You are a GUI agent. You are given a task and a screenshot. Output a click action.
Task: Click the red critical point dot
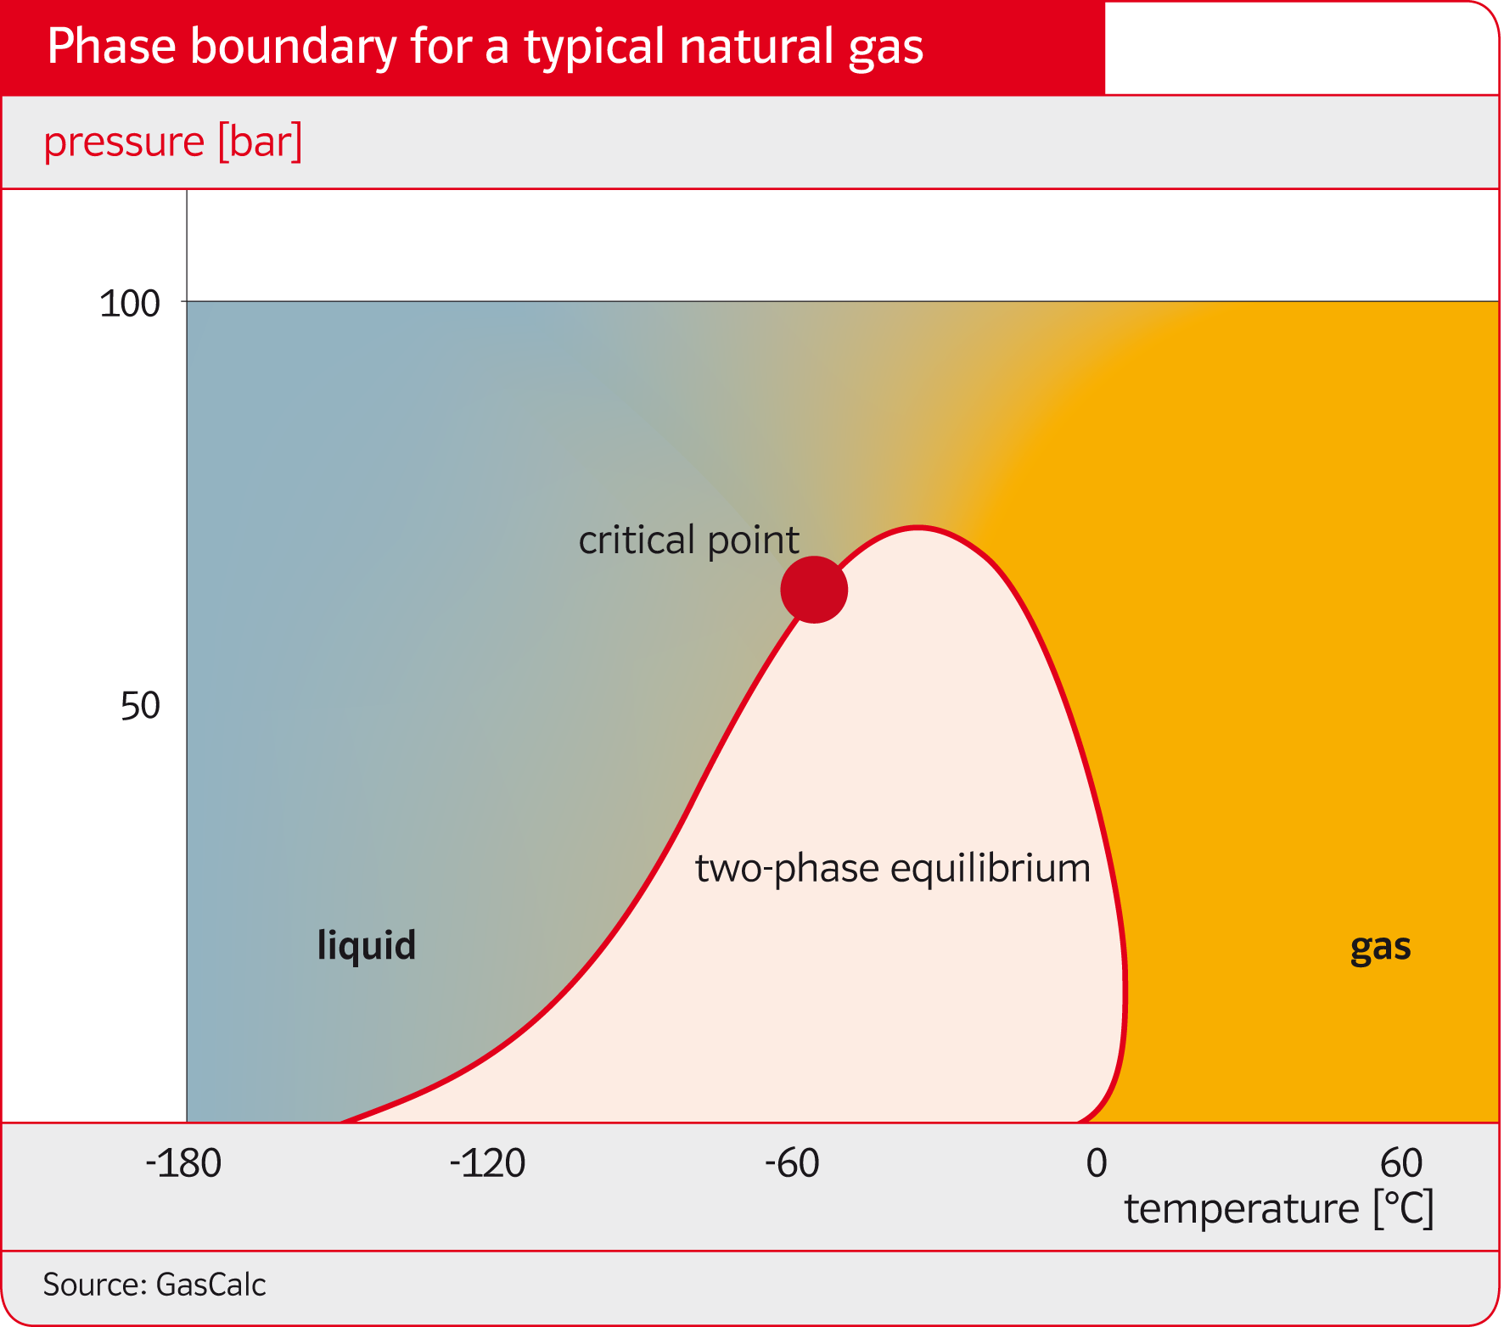coord(814,590)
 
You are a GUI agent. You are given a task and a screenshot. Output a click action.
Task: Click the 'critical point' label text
coord(688,540)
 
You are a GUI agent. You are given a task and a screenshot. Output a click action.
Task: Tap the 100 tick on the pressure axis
coord(130,304)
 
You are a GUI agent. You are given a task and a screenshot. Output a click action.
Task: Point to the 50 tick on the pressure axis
coord(140,706)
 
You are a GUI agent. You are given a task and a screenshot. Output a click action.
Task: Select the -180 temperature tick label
coord(183,1163)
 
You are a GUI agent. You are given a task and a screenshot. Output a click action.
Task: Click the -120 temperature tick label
coord(487,1163)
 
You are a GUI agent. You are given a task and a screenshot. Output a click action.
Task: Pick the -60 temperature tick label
coord(792,1163)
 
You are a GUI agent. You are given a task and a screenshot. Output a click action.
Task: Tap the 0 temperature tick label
coord(1097,1163)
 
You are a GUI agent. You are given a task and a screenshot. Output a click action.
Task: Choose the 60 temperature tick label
coord(1401,1163)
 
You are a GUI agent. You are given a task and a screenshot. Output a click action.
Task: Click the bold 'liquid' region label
coord(367,944)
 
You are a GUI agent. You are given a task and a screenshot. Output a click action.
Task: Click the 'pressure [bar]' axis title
coord(173,142)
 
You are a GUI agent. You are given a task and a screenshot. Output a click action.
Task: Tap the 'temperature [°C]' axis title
coord(1279,1209)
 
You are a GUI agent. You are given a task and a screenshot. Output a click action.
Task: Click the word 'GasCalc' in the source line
coord(211,1285)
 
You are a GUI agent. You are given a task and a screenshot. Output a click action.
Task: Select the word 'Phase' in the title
coord(111,46)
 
